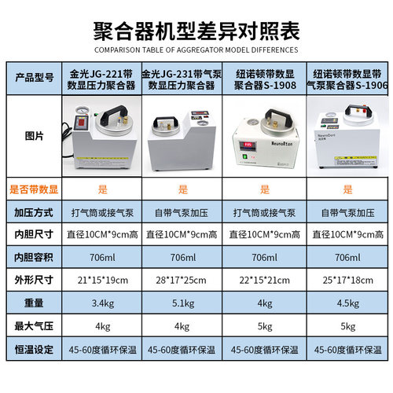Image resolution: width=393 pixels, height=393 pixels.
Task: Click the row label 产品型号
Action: pos(35,79)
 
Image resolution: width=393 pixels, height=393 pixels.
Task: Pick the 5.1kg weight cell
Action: pos(183,302)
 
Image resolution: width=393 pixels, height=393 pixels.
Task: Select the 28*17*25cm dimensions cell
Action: pos(183,280)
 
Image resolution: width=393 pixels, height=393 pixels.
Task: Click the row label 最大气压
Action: pos(35,324)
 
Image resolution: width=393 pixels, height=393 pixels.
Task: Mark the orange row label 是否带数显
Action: pos(35,189)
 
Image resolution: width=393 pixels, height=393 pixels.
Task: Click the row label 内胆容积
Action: pos(35,257)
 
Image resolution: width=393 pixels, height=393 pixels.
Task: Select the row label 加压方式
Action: pos(35,212)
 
